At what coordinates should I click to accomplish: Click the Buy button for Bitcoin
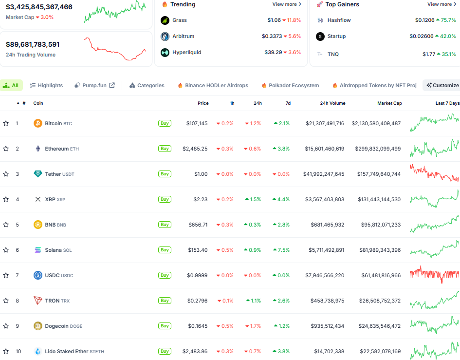coord(165,123)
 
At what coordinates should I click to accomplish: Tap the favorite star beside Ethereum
coord(6,149)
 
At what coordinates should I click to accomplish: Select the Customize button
coord(442,85)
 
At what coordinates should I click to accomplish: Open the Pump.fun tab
coord(94,85)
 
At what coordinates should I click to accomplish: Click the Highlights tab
coord(46,85)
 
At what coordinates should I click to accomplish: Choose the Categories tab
coord(147,85)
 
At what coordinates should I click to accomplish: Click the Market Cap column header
coord(389,103)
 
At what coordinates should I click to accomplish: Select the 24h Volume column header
coord(332,103)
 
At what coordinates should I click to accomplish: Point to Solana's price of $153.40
coord(197,250)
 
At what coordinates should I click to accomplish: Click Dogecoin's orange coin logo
coord(37,326)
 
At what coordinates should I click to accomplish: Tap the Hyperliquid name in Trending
coord(186,52)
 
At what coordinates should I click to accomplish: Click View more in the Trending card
coord(287,4)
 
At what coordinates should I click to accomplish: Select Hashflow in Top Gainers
coord(339,20)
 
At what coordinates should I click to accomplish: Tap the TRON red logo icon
coord(37,301)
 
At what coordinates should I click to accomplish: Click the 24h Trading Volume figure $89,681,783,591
coord(33,44)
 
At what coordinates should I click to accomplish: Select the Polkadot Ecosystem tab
coord(290,85)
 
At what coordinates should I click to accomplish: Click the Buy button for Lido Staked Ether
coord(165,351)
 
